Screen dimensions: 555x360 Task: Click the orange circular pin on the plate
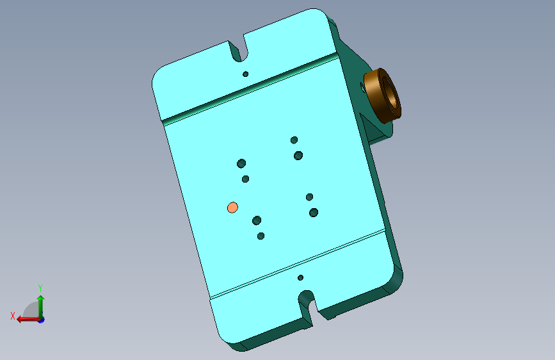tap(232, 208)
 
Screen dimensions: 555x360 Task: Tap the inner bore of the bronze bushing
tap(390, 93)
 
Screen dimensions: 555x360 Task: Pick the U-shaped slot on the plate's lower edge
tap(307, 305)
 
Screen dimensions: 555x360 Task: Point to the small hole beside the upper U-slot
tap(245, 74)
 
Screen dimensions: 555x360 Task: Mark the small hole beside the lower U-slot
tap(300, 278)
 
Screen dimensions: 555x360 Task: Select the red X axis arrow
tap(28, 320)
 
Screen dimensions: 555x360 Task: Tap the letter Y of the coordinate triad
tap(40, 288)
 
